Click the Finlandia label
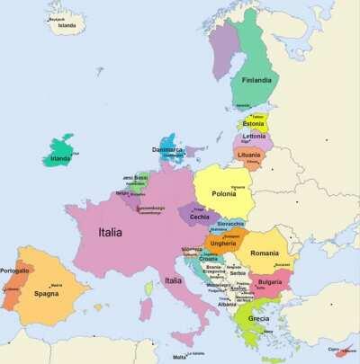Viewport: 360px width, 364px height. pos(256,80)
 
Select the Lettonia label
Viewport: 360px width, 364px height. pos(253,137)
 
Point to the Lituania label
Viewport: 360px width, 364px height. pos(250,155)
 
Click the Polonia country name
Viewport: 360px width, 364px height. pos(224,193)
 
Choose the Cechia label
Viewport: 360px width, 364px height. pos(200,217)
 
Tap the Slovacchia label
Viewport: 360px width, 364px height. pos(230,223)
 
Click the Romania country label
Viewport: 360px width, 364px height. pos(265,253)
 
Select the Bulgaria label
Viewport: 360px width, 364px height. pos(270,282)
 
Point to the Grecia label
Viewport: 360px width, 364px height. pos(258,318)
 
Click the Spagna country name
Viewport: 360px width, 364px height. pos(46,294)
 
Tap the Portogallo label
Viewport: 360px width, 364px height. pos(14,271)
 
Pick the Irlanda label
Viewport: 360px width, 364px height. pos(61,160)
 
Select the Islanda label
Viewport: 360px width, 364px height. pos(67,26)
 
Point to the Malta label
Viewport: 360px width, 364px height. pos(180,357)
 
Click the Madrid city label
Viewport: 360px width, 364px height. pos(57,285)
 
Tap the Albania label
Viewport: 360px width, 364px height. pos(227,304)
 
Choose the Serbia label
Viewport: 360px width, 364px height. pos(238,273)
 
